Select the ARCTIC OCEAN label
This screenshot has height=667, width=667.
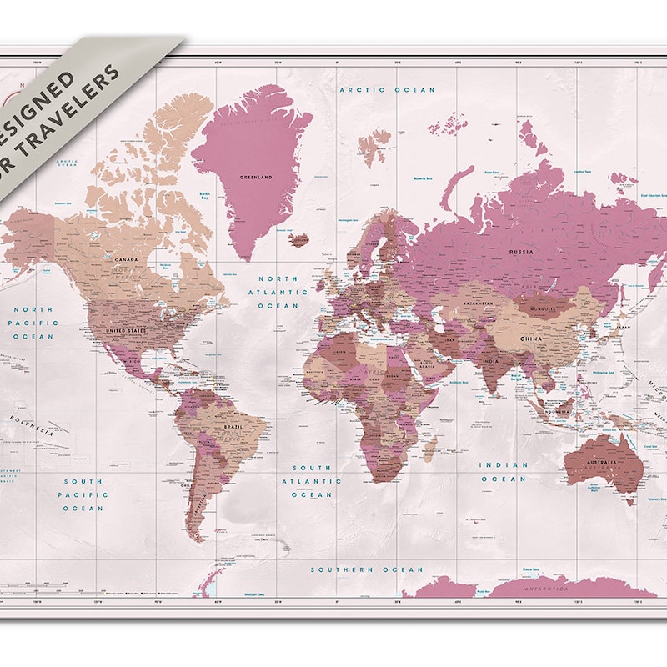click(x=387, y=89)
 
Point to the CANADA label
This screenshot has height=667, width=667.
click(x=126, y=259)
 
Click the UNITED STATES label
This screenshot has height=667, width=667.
click(x=125, y=330)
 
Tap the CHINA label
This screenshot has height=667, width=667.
click(x=530, y=339)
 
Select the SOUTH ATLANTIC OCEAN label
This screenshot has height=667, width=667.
click(x=310, y=481)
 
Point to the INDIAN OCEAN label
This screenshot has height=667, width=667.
click(x=503, y=472)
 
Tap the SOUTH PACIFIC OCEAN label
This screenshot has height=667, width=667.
click(x=83, y=494)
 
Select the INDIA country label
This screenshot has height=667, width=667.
click(x=490, y=361)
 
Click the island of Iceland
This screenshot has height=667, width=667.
click(x=298, y=239)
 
